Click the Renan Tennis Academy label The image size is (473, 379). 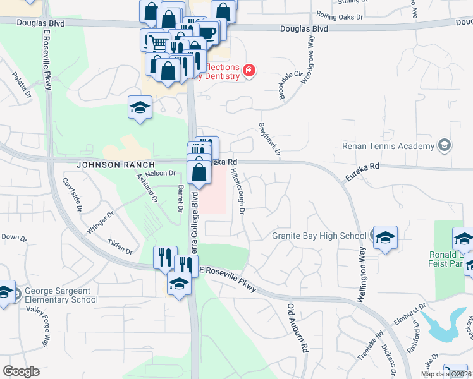[x=388, y=146]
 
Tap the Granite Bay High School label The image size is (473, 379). [x=319, y=236]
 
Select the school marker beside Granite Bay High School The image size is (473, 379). [x=384, y=238]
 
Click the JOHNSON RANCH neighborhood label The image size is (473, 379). [x=107, y=164]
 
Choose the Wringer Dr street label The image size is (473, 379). [x=101, y=222]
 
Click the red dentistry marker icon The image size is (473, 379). [x=249, y=69]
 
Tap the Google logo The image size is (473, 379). [x=21, y=371]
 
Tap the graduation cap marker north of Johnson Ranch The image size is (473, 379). [x=140, y=107]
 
